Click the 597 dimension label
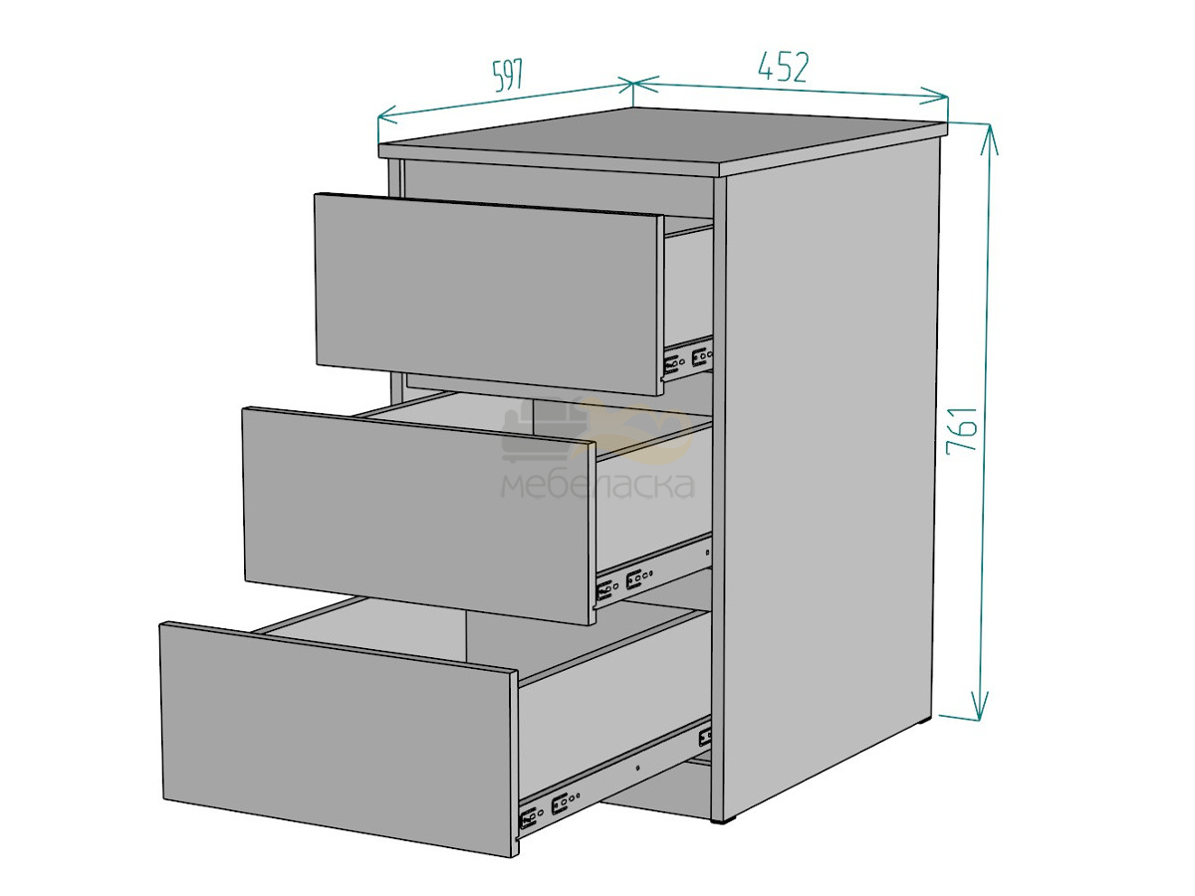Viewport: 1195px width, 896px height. click(508, 75)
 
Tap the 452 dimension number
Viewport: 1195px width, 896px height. click(784, 67)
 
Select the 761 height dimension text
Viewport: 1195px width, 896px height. click(963, 430)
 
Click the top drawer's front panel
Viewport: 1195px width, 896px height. click(488, 294)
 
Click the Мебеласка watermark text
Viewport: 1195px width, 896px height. click(597, 485)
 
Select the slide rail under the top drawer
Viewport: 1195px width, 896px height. click(687, 358)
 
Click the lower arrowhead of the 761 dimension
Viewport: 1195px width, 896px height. click(980, 706)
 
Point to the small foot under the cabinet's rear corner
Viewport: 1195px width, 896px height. click(926, 724)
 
